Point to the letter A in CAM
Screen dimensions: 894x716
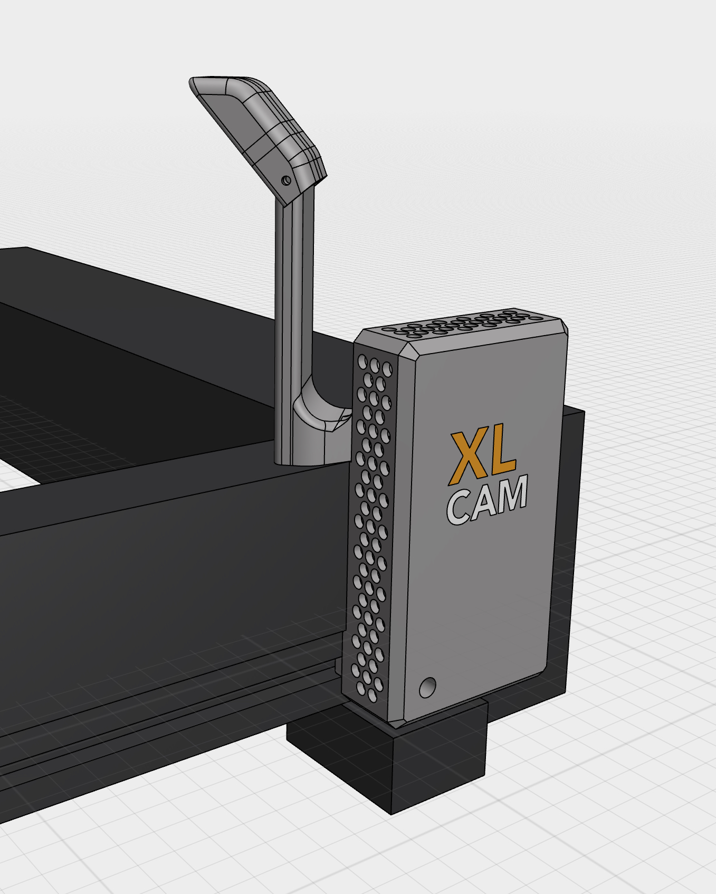(x=483, y=503)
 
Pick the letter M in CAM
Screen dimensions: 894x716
(x=511, y=495)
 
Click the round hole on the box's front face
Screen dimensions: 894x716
(x=427, y=687)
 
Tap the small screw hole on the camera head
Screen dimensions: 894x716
(x=287, y=180)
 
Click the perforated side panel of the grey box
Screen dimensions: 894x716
(x=372, y=528)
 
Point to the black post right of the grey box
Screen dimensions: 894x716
(x=567, y=528)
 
